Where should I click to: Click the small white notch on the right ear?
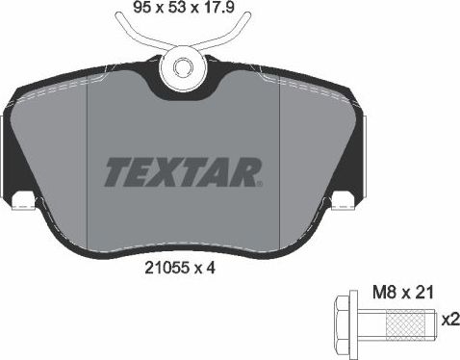click(338, 202)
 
